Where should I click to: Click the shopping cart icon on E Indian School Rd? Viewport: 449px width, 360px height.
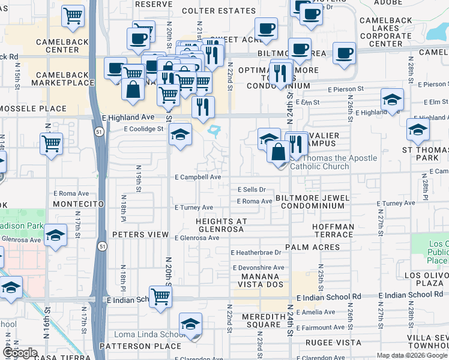160,297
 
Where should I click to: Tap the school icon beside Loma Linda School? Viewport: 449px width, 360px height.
190,326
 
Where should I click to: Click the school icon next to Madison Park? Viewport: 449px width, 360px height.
55,235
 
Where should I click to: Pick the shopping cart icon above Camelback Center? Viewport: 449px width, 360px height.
73,17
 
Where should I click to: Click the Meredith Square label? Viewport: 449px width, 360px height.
261,320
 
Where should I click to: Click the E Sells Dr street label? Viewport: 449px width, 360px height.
252,190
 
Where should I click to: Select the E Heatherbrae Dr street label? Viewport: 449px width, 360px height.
260,253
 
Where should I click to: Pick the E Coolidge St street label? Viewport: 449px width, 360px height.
144,129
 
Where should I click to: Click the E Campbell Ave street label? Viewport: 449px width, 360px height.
198,178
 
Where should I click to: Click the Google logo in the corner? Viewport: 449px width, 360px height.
20,353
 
